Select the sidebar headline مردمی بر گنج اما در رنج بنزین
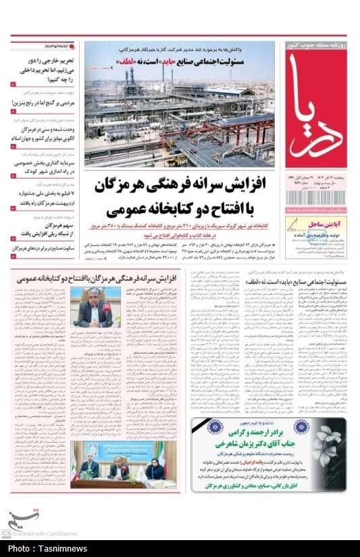(42, 102)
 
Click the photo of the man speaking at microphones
(95, 307)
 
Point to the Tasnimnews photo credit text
(38, 551)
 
